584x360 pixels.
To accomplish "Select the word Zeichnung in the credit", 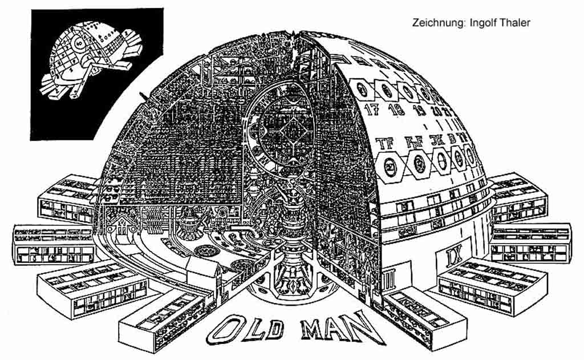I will coord(435,23).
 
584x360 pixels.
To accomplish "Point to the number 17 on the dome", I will coord(372,110).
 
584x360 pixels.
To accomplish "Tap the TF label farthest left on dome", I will coord(386,143).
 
